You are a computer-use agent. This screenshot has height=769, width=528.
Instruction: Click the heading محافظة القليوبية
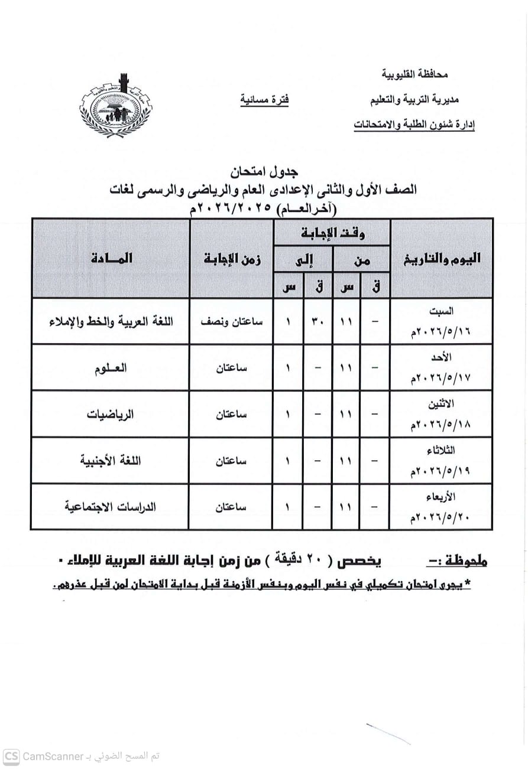[414, 74]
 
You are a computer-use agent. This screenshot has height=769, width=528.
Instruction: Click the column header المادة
[112, 258]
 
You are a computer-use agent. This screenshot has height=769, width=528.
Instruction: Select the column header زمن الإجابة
[232, 258]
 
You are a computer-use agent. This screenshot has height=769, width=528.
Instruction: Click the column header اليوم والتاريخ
[441, 258]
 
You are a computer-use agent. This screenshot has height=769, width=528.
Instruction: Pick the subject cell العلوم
[112, 367]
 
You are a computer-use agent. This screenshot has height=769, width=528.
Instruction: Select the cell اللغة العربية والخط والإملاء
[111, 322]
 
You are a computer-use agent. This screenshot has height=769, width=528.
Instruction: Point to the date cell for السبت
[441, 322]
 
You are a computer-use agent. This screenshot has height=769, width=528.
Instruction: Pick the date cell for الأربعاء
[441, 507]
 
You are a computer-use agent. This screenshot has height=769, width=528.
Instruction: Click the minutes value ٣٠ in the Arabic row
[318, 322]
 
